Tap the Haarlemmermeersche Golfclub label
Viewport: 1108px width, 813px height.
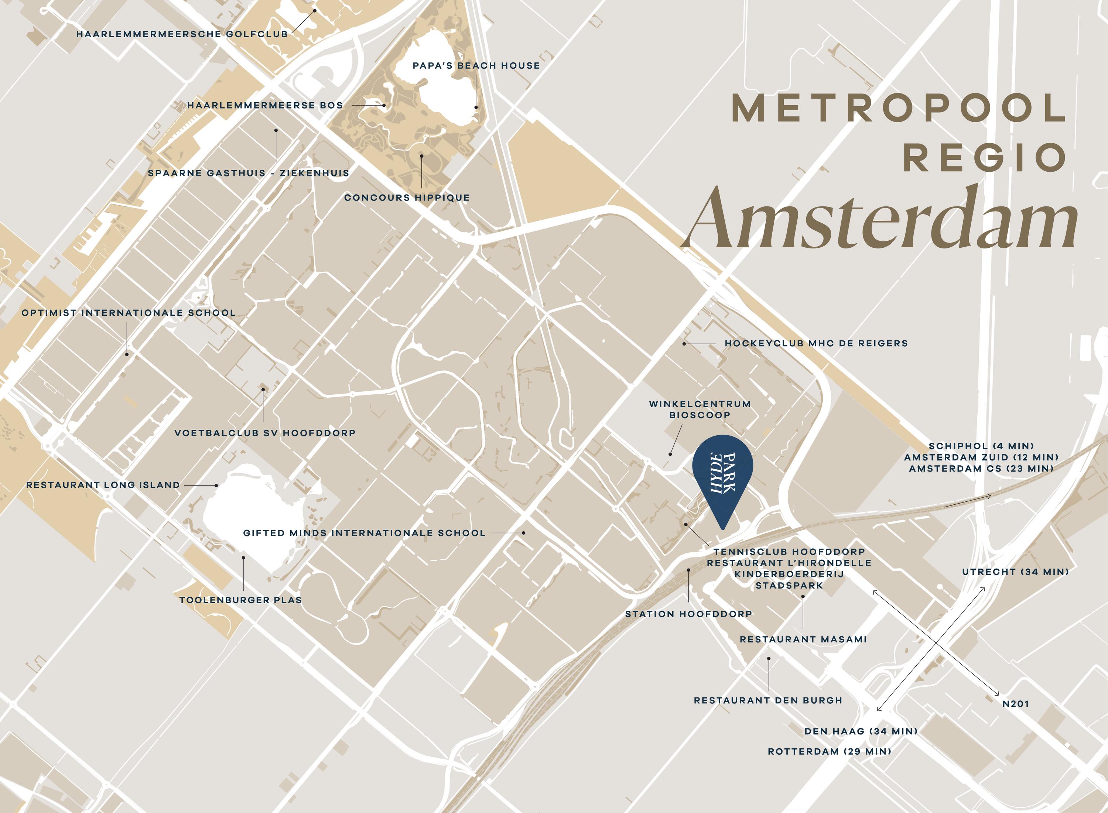(x=182, y=34)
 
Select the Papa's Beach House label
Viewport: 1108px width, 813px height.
(x=476, y=65)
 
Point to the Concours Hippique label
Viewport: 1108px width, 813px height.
(x=407, y=198)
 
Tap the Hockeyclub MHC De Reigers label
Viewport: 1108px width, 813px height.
(x=815, y=343)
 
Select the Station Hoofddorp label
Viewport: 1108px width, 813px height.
(x=688, y=614)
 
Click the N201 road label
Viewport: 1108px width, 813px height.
(x=1015, y=704)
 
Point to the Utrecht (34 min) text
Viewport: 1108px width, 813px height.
(x=1015, y=572)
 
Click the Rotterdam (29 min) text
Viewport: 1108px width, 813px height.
(x=830, y=751)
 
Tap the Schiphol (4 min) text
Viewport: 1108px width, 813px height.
(x=981, y=446)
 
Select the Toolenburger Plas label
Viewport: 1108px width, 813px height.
(x=240, y=600)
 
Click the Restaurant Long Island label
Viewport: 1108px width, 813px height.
(x=103, y=485)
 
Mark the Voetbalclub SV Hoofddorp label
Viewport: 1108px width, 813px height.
(x=265, y=433)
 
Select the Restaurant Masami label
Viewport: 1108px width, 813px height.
(x=803, y=639)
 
